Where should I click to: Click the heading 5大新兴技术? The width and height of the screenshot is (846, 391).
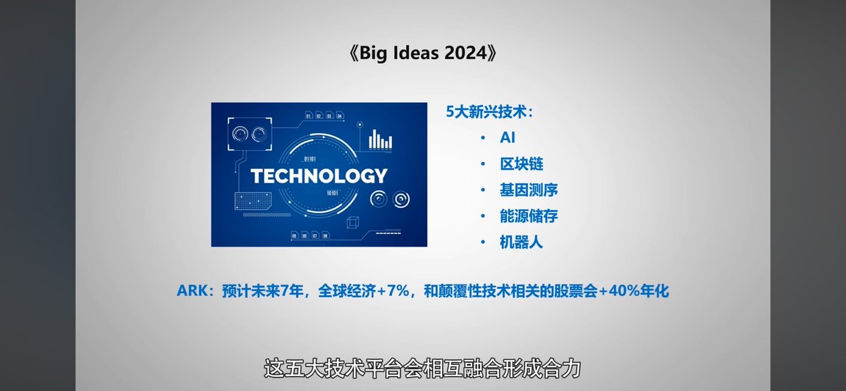tap(489, 112)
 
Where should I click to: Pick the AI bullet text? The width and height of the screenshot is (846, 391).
tap(507, 138)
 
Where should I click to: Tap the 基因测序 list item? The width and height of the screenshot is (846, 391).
tap(528, 190)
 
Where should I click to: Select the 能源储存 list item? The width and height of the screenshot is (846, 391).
tap(528, 216)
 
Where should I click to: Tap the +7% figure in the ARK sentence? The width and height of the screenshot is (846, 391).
tap(393, 291)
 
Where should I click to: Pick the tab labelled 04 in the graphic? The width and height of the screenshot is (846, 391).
tap(340, 116)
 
